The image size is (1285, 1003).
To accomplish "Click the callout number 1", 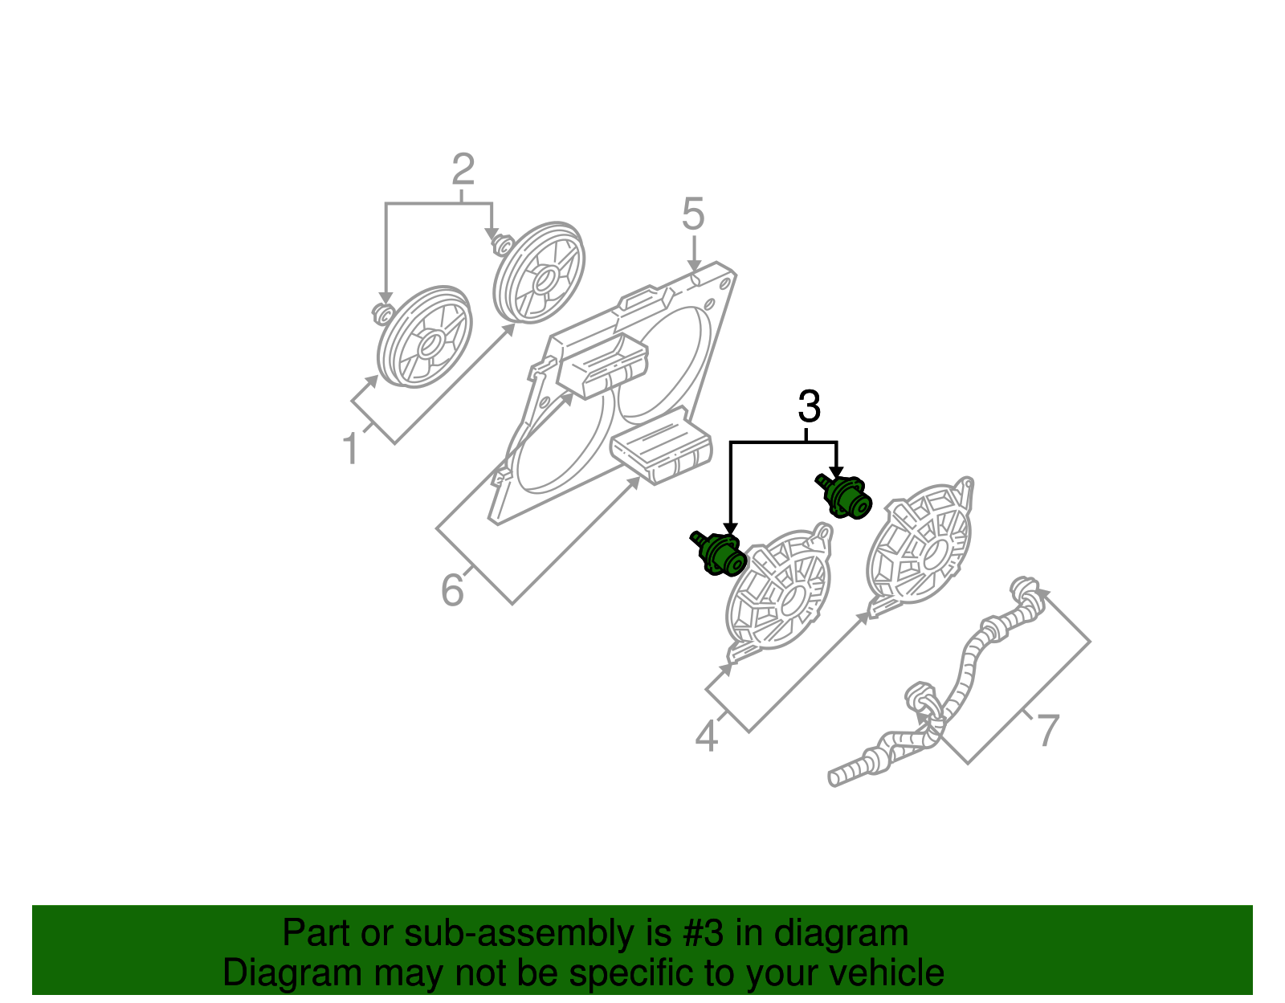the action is click(351, 448).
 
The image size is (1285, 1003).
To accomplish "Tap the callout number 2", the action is click(463, 169).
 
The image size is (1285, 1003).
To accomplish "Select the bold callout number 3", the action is click(809, 406).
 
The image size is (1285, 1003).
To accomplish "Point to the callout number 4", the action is click(707, 737).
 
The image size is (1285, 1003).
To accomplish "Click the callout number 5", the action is click(693, 214).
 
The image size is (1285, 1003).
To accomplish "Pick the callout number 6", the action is click(452, 589).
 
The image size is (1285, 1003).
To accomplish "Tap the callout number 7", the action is click(1048, 731).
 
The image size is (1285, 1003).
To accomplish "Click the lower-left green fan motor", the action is click(719, 553).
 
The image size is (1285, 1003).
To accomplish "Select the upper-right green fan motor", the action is click(843, 496).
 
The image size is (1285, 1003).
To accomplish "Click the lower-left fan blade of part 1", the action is click(425, 337).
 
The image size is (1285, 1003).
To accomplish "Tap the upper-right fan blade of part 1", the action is click(539, 272).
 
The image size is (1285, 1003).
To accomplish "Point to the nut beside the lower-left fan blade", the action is click(383, 312).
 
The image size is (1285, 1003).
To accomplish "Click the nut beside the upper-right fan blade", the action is click(501, 243).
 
